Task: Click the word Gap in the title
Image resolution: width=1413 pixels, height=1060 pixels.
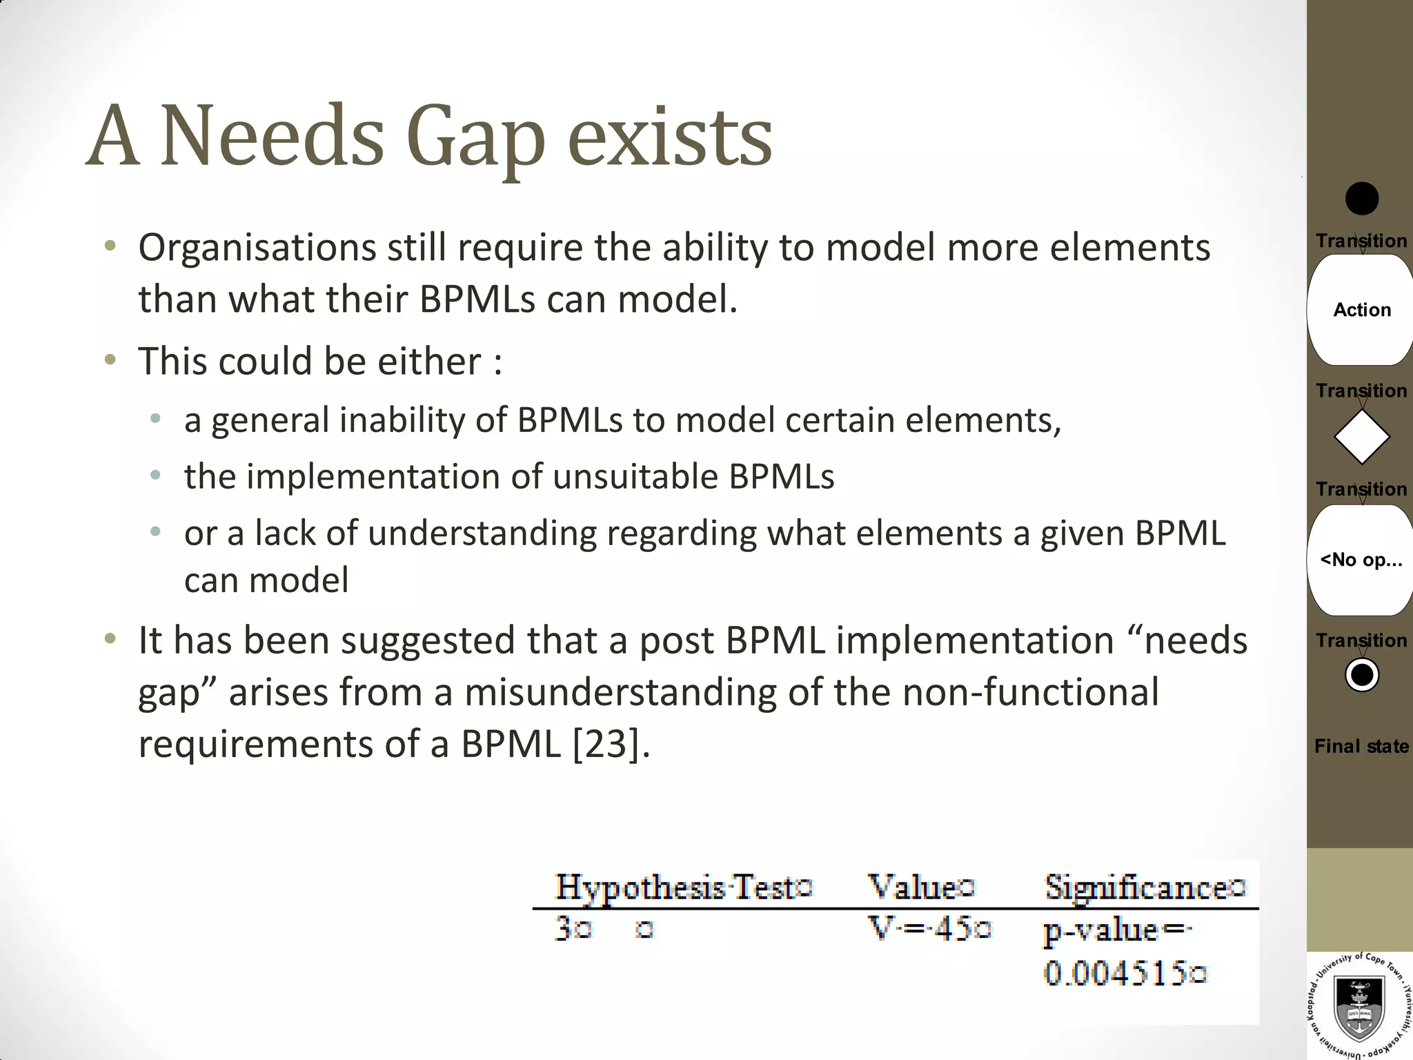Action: pos(475,138)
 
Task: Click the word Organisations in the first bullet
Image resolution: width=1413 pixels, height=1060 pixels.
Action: pos(257,248)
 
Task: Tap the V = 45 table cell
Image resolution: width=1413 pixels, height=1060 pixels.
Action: pos(928,929)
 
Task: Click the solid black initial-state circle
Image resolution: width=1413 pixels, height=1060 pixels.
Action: pos(1361,199)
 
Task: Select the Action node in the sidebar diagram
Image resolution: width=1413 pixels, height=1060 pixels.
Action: pos(1361,310)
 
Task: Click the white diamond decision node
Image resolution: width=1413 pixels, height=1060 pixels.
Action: pos(1361,437)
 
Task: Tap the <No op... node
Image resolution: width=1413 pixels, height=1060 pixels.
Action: pos(1361,560)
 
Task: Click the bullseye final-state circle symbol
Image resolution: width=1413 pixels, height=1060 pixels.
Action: pos(1361,675)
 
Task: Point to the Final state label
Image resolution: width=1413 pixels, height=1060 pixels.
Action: pos(1361,746)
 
